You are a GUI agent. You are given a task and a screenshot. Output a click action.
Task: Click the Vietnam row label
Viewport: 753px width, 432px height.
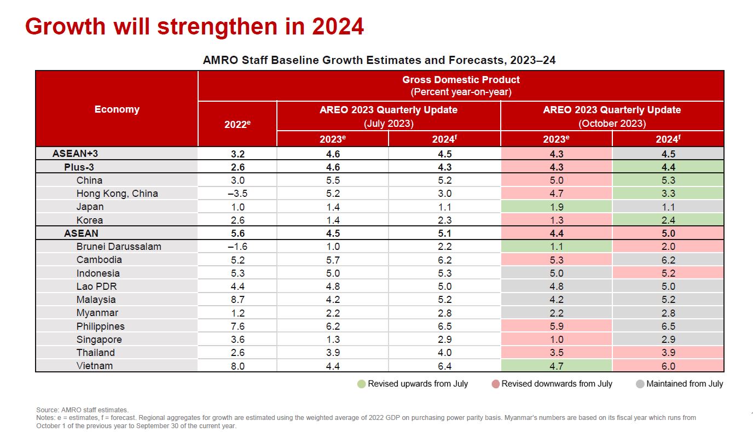[95, 366]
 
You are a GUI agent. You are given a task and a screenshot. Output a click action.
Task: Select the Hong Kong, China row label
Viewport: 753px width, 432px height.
[117, 194]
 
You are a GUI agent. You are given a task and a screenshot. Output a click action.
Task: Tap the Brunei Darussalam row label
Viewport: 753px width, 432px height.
[119, 247]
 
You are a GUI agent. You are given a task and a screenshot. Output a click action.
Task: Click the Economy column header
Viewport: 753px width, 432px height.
[117, 109]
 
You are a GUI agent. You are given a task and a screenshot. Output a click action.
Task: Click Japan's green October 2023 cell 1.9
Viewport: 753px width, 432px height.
[556, 207]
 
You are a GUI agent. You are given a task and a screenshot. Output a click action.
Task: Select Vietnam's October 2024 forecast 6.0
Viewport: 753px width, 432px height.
[668, 366]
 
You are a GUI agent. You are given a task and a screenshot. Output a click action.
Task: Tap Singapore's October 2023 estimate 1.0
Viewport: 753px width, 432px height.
[556, 340]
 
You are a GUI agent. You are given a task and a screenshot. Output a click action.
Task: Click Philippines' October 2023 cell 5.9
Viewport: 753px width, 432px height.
[556, 326]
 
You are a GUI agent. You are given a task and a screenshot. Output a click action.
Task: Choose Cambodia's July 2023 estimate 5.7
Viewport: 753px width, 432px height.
[332, 260]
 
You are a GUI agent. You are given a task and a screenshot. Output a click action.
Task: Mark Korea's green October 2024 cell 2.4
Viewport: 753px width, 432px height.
[668, 220]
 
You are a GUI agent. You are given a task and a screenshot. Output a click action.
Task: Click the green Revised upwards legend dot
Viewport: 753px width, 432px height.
[361, 384]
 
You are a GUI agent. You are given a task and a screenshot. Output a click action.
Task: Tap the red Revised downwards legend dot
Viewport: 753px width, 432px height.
[495, 384]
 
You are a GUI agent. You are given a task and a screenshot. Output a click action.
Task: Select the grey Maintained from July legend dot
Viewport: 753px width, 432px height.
[640, 384]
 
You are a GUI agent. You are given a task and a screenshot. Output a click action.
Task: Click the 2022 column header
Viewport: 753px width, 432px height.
[237, 124]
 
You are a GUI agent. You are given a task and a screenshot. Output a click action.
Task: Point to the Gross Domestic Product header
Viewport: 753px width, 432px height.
[461, 80]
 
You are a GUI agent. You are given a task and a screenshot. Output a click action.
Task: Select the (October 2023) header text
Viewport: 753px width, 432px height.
[612, 124]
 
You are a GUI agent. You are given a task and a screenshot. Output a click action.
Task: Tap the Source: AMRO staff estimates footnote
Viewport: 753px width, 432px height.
[82, 410]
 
